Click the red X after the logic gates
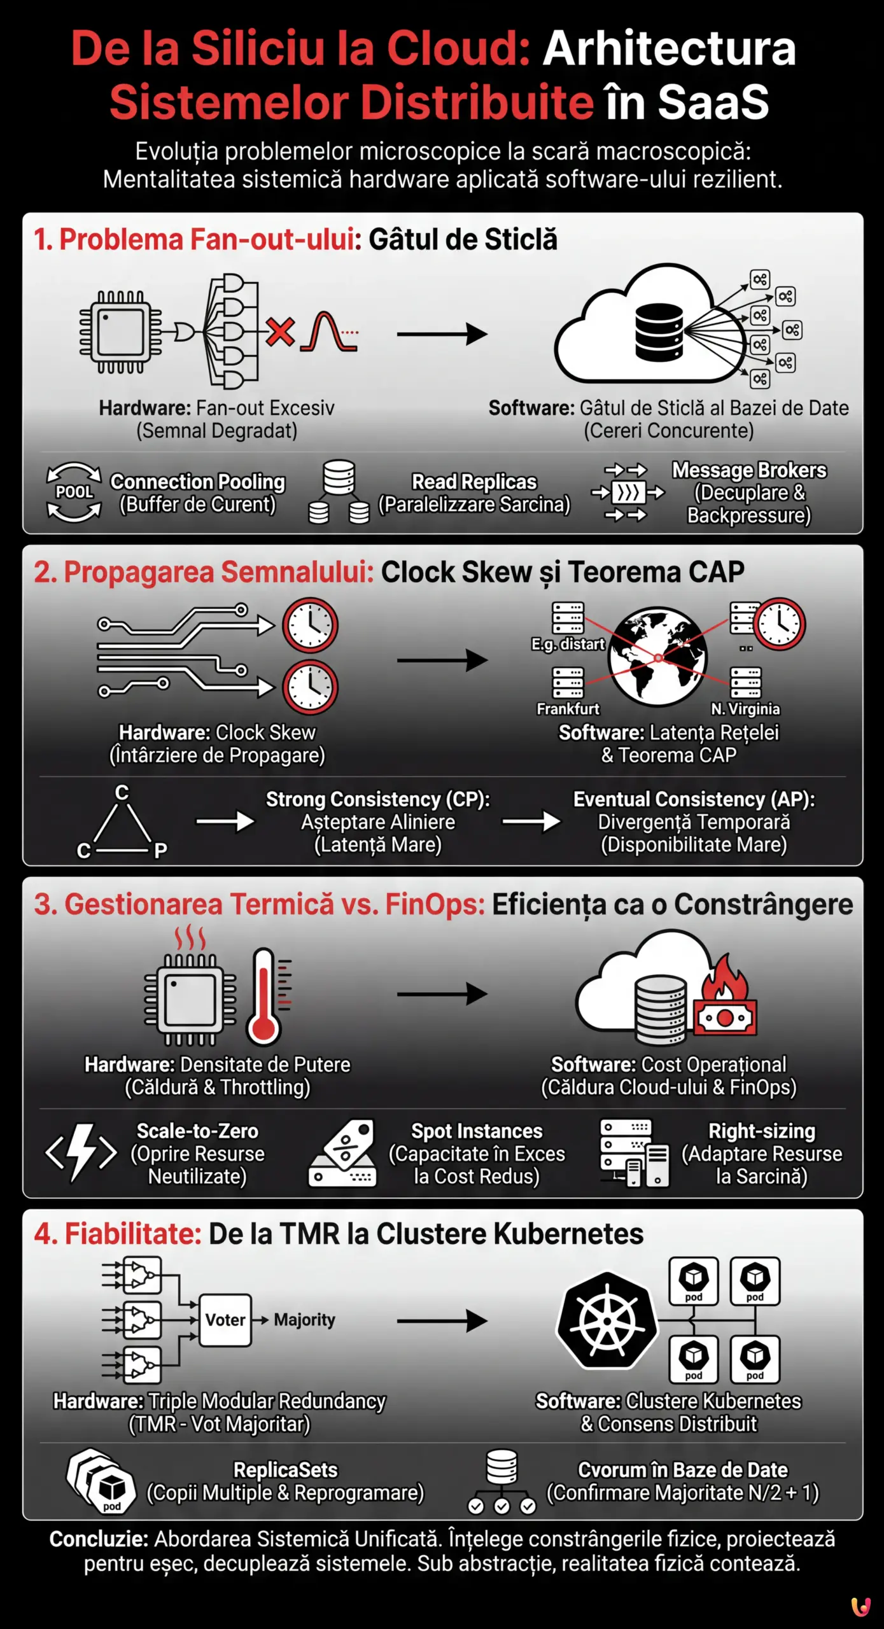point(280,332)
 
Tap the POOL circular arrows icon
point(74,492)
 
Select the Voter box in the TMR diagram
point(225,1320)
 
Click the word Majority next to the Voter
point(304,1320)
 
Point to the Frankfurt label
point(568,708)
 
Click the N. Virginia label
point(745,708)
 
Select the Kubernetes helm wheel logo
point(607,1320)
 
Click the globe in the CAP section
point(657,656)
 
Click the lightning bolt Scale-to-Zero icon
point(81,1152)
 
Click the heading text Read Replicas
point(474,482)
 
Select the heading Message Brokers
point(749,470)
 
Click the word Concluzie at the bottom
point(99,1539)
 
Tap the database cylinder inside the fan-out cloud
point(659,332)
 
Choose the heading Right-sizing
point(762,1131)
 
